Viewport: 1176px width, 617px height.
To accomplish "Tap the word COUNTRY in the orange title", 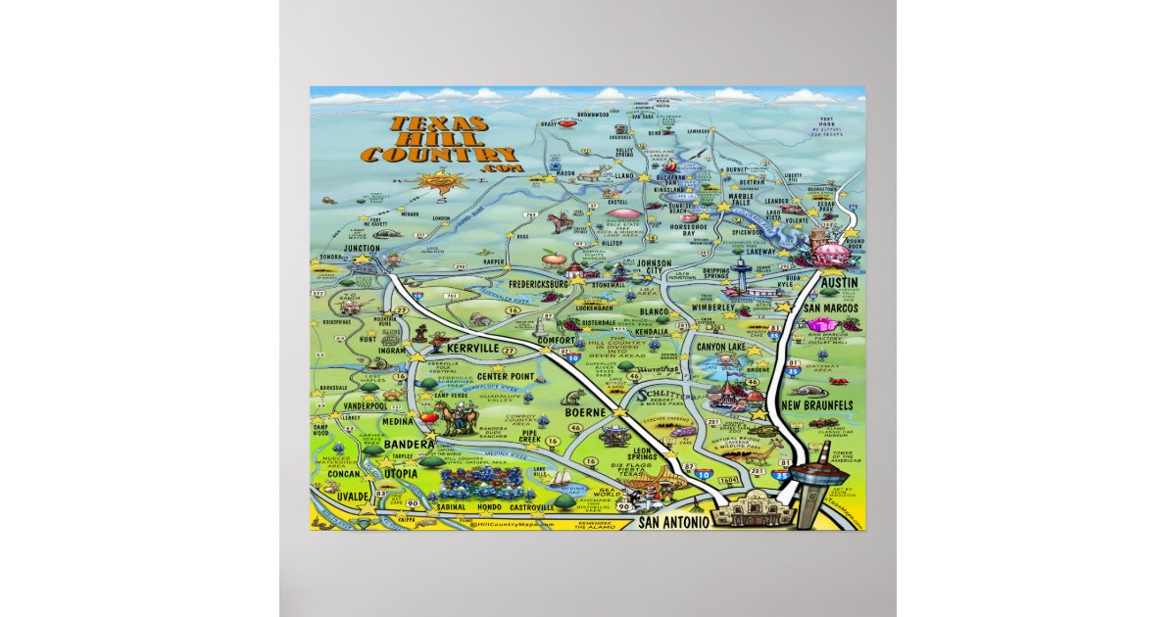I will [x=438, y=155].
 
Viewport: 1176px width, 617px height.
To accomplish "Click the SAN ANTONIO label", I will [x=675, y=523].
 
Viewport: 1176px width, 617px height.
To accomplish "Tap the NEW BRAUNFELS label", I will [x=817, y=404].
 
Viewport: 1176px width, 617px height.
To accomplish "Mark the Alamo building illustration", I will [x=741, y=508].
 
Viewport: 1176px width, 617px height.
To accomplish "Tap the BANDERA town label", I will [x=402, y=445].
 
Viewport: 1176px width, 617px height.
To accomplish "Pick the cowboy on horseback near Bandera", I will [x=455, y=419].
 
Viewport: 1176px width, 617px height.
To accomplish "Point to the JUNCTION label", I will [x=362, y=249].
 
